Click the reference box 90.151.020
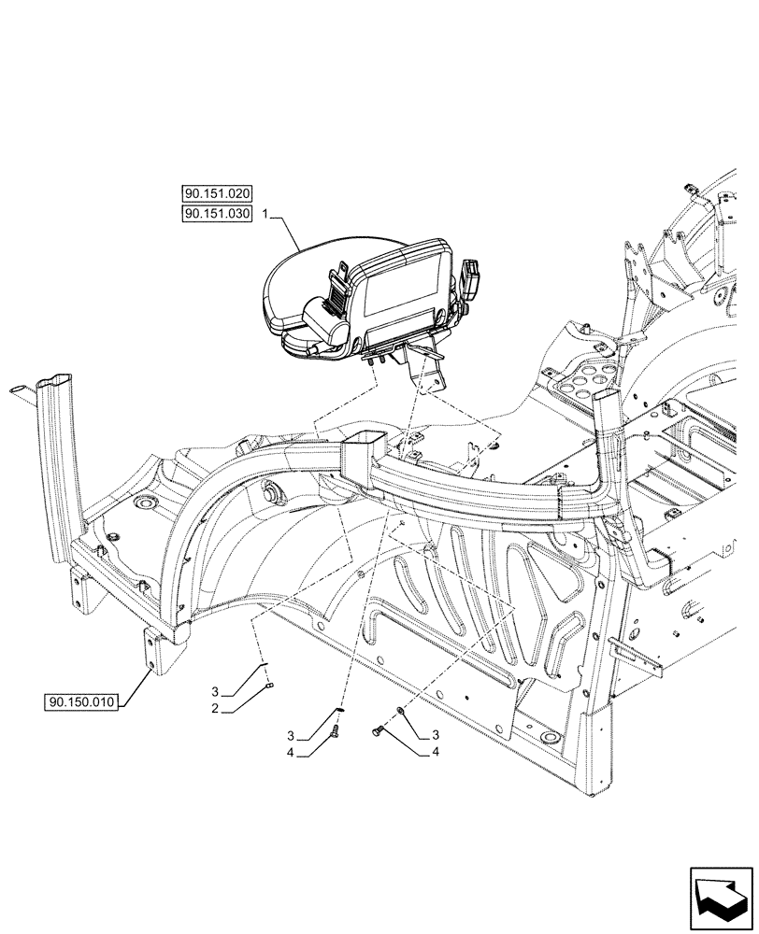point(218,194)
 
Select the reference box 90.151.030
point(218,215)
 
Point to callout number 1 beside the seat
point(266,215)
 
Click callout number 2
point(216,708)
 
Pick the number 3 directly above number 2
point(216,692)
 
